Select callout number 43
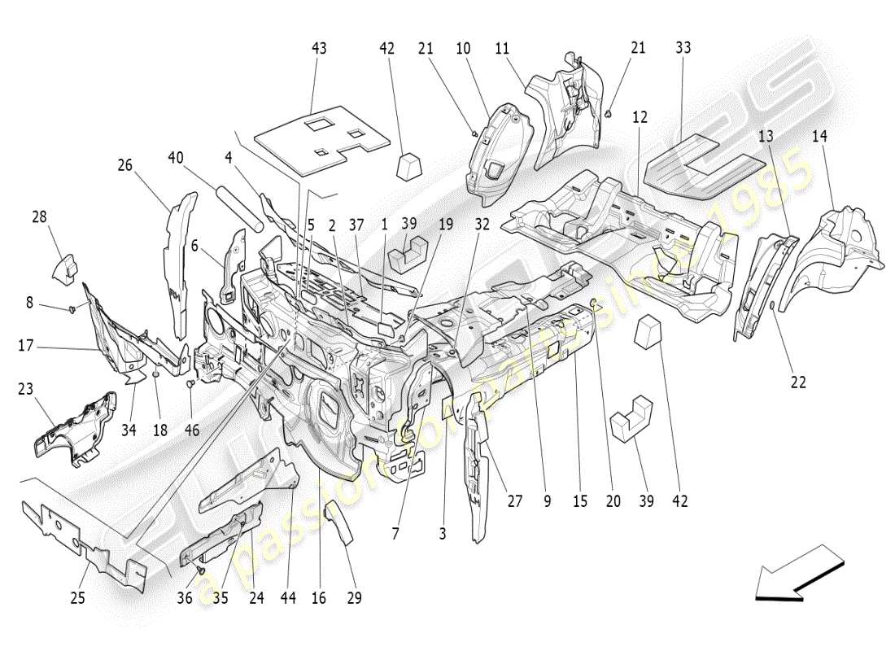[x=319, y=49]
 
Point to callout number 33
[x=683, y=48]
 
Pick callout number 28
[x=40, y=217]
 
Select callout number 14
[x=819, y=138]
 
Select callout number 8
[x=29, y=303]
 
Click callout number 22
[x=798, y=382]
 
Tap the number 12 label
[x=640, y=117]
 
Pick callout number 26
[x=124, y=166]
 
